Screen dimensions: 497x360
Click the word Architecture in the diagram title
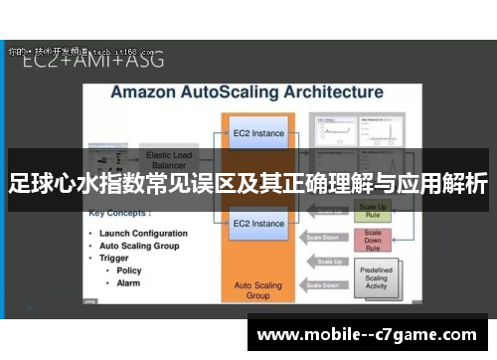pyautogui.click(x=327, y=91)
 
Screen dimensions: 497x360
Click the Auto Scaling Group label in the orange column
pyautogui.click(x=257, y=289)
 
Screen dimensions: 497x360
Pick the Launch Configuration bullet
pyautogui.click(x=143, y=233)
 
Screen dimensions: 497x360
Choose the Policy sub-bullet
pyautogui.click(x=129, y=270)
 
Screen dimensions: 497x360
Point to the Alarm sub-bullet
pyautogui.click(x=129, y=282)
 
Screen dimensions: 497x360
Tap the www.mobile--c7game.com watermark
pyautogui.click(x=366, y=334)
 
